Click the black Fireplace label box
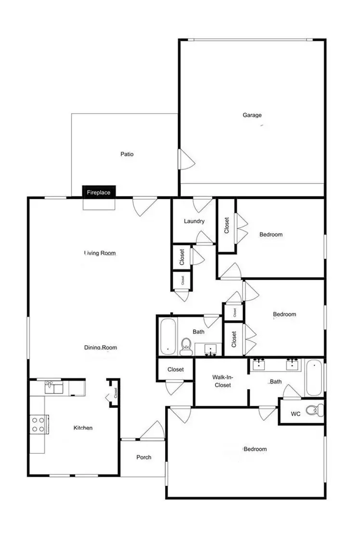coord(99,193)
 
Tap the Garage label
coord(252,115)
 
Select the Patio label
coord(127,155)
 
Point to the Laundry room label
coord(194,222)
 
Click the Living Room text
coord(100,253)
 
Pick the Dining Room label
coord(101,347)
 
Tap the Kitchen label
coord(83,428)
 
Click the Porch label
coord(143,457)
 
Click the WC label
coord(296,414)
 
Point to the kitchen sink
coord(54,388)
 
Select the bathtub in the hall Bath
coord(167,335)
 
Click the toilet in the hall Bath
coord(186,347)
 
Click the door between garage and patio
coord(185,159)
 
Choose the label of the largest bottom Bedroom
coord(255,449)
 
